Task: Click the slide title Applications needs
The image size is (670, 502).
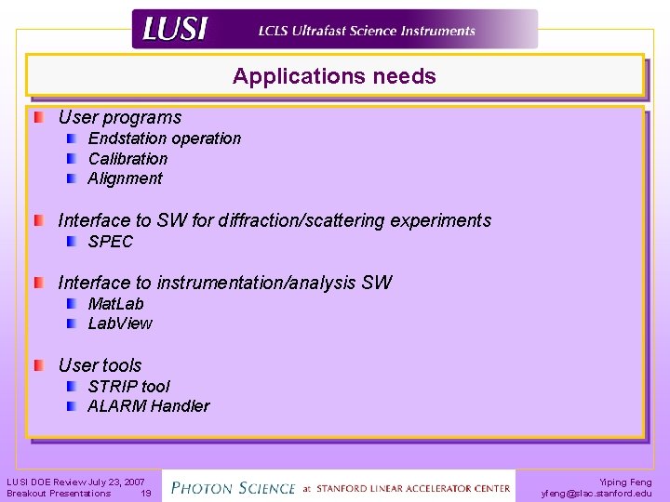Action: tap(334, 76)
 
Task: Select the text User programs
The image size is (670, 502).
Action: tap(119, 117)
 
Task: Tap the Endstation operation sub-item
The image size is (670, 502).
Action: tap(164, 139)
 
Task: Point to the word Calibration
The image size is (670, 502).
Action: tap(127, 159)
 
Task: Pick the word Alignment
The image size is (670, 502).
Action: tap(125, 178)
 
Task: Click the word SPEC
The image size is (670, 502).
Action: tap(110, 242)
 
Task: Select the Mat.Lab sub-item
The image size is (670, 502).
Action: tap(115, 304)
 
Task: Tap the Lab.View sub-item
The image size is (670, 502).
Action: tap(119, 324)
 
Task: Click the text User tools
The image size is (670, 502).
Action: tap(100, 365)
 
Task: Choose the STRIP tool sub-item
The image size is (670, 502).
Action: tap(128, 386)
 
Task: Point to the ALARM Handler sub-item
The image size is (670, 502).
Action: tap(148, 406)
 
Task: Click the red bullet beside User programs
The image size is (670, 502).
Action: tap(39, 118)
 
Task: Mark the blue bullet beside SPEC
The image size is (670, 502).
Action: tap(73, 242)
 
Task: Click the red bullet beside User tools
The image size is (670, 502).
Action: tap(39, 365)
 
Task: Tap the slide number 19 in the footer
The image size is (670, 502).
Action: tap(145, 494)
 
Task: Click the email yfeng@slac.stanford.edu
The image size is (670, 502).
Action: tap(596, 494)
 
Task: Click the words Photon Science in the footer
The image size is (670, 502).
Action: tap(232, 486)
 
